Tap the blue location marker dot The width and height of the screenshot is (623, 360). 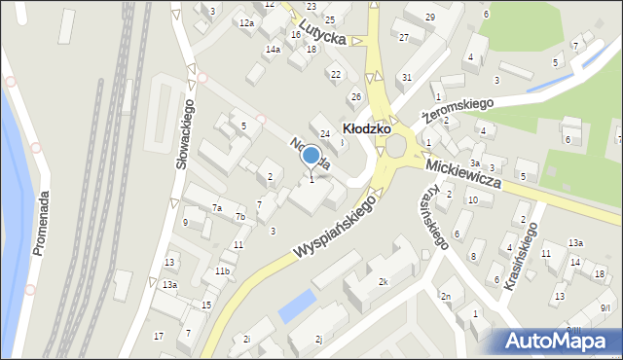[311, 156]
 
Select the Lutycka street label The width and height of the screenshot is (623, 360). [323, 35]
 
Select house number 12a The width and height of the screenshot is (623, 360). [247, 22]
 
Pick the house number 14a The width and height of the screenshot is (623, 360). [273, 49]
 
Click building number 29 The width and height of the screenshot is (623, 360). [430, 17]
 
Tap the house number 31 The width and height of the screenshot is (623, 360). [407, 77]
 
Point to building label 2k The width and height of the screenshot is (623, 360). [384, 282]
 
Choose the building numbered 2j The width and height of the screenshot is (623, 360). [318, 340]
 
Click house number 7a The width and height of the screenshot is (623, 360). [217, 207]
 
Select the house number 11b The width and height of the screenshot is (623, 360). [223, 270]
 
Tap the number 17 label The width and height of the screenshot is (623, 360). [159, 336]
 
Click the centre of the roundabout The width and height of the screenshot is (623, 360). [396, 146]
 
